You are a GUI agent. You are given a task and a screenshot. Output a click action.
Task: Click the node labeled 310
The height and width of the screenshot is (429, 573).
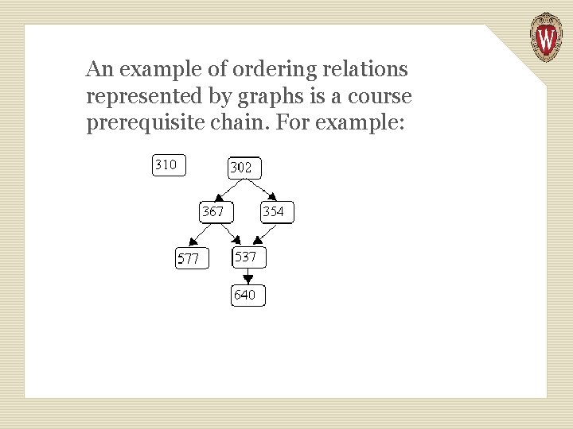coord(169,165)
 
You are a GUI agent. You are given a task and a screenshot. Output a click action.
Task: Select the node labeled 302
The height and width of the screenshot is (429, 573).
coord(245,168)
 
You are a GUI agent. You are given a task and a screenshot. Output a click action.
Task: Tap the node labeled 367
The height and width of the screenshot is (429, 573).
coord(216,212)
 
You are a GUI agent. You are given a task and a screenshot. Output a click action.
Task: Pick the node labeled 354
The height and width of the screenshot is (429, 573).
coord(277,212)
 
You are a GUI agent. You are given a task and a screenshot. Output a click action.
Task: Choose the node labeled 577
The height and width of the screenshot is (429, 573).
coord(192,259)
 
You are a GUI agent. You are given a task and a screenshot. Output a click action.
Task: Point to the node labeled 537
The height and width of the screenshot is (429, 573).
coord(248,257)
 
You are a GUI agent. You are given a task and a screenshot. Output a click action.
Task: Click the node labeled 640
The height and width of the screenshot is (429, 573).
coord(248,296)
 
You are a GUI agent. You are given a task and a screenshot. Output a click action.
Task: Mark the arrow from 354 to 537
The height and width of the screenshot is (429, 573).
coord(265,235)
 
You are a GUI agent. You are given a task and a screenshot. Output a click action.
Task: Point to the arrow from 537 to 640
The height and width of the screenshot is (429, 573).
coord(248,276)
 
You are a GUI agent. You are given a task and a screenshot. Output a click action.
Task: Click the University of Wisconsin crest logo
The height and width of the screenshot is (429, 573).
coord(546,37)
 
